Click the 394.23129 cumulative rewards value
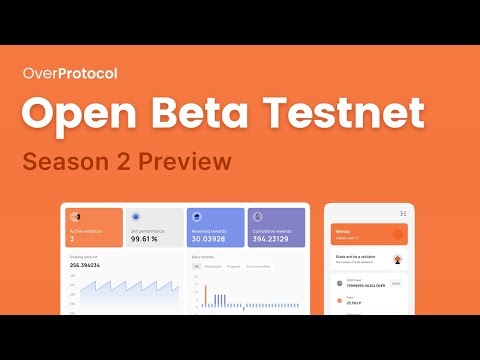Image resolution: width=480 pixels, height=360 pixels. pos(271,240)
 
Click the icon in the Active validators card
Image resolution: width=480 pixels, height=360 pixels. pos(76,216)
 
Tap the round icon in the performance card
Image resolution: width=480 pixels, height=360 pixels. pos(137,216)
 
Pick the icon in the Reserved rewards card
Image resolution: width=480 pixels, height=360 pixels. pos(197,216)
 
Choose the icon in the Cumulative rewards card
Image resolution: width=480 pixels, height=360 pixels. pos(257,216)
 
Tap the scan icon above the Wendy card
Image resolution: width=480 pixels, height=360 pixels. pos(403,213)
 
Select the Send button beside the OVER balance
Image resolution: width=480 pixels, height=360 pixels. pos(396,283)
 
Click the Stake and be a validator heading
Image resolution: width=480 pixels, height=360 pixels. pos(355,256)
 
